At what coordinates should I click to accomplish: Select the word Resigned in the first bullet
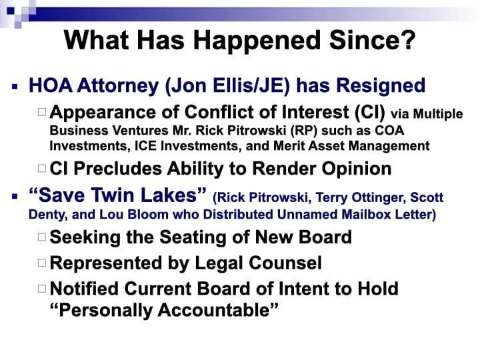[x=381, y=86]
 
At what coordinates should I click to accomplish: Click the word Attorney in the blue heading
[x=118, y=86]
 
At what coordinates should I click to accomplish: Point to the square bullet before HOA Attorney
[x=15, y=87]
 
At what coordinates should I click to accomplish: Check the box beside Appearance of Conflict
[x=42, y=112]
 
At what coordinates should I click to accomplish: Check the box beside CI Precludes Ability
[x=42, y=169]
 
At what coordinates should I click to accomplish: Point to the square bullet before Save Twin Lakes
[x=15, y=196]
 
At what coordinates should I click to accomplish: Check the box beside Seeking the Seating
[x=42, y=237]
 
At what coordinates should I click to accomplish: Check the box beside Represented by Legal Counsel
[x=42, y=263]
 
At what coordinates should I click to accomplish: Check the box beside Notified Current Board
[x=42, y=289]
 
